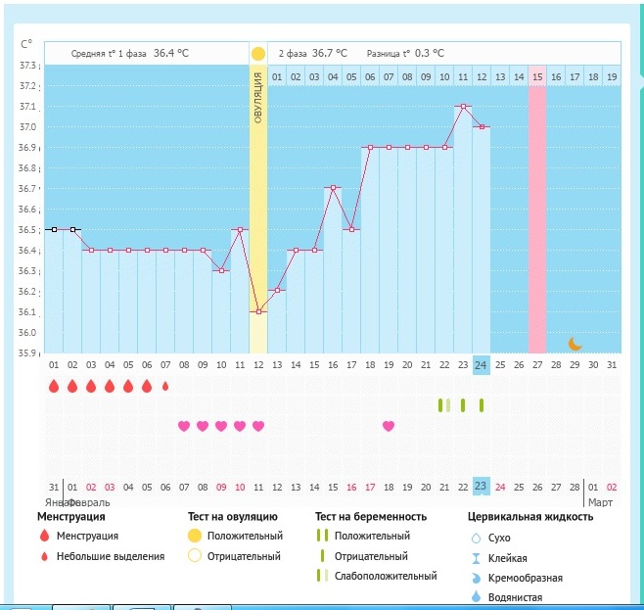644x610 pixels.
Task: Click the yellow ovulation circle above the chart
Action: pos(258,54)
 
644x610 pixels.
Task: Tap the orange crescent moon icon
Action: pos(576,343)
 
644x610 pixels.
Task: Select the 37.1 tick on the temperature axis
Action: pos(27,106)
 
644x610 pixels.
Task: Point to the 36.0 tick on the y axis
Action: pos(27,333)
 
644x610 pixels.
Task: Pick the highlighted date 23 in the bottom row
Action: pos(481,486)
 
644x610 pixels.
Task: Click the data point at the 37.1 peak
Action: pos(463,106)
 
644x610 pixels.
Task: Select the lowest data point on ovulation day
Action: pos(258,311)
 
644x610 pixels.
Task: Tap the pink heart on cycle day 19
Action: pos(389,426)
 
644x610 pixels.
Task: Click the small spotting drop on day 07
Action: pos(165,386)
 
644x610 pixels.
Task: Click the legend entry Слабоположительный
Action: pos(385,576)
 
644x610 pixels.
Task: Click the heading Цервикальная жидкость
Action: pos(531,516)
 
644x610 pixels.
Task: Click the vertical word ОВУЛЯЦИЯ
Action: pos(258,98)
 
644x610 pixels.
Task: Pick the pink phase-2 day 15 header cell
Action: pos(537,76)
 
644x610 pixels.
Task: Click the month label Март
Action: pos(600,502)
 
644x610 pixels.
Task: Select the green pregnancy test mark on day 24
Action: pos(482,405)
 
